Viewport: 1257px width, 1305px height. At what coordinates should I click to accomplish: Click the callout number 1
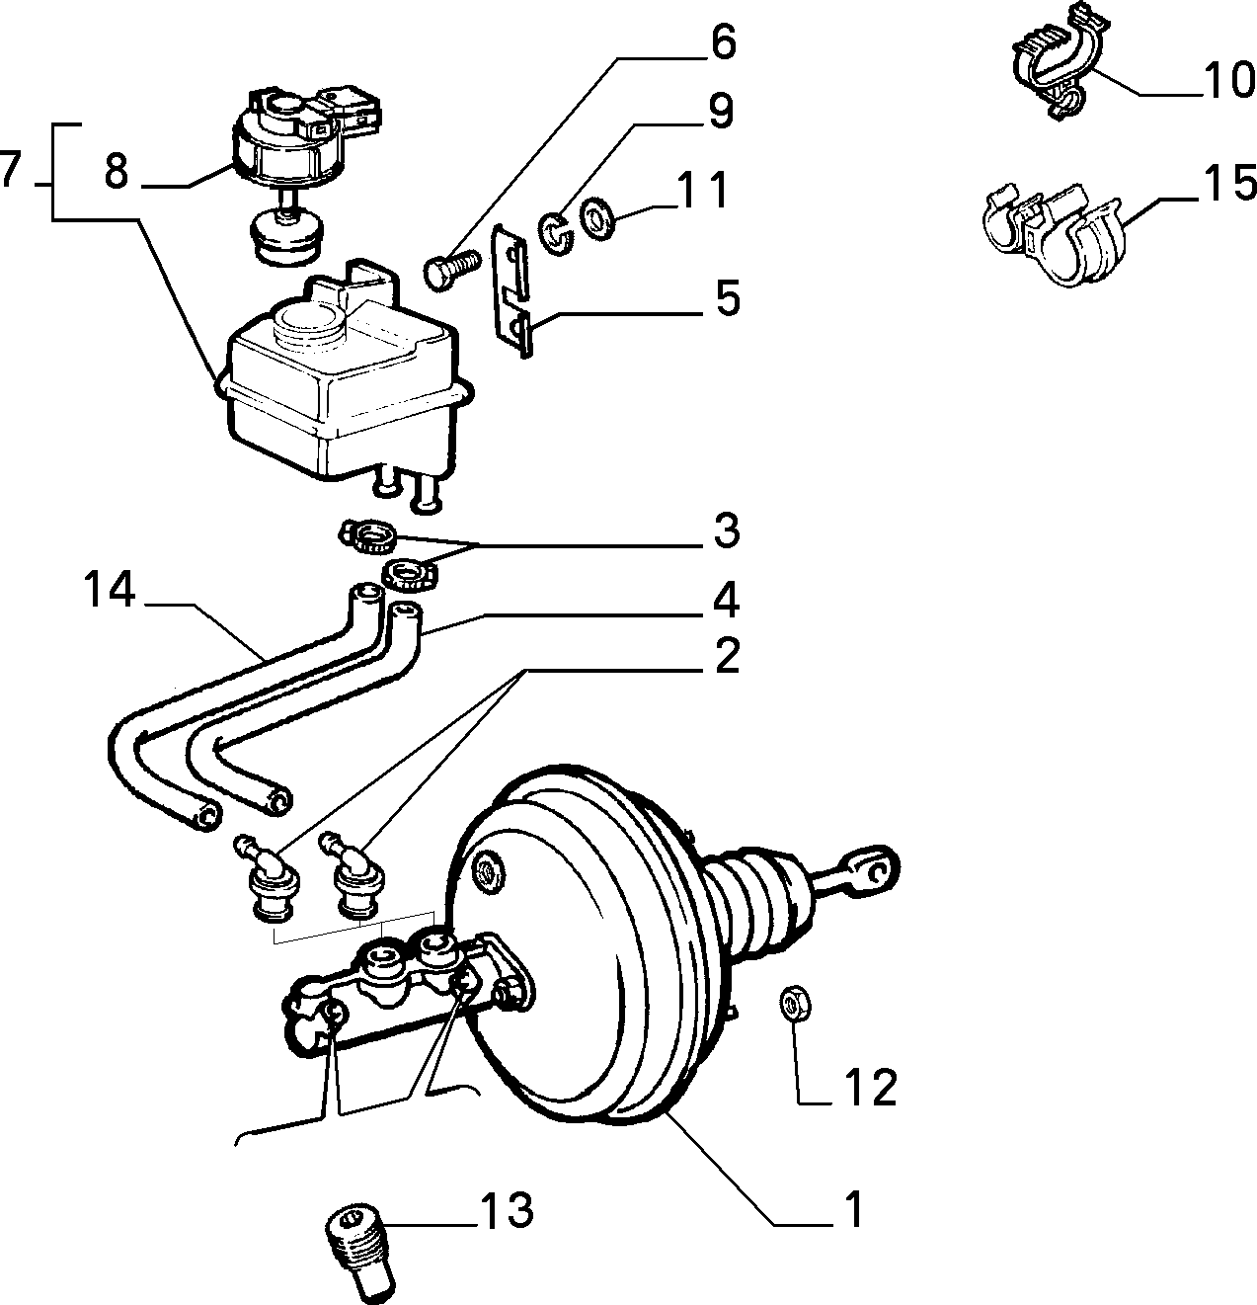853,1209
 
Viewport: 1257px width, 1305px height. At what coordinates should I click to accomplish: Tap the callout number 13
507,1210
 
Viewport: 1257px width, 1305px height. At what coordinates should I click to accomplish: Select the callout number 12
870,1087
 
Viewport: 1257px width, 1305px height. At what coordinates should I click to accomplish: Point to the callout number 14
110,590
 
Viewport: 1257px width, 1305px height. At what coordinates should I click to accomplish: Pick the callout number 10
1228,80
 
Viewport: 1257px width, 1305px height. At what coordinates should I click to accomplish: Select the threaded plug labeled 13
361,1255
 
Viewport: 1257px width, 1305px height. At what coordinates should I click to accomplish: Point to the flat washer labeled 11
596,218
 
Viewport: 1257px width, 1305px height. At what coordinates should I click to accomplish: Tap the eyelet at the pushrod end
878,869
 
